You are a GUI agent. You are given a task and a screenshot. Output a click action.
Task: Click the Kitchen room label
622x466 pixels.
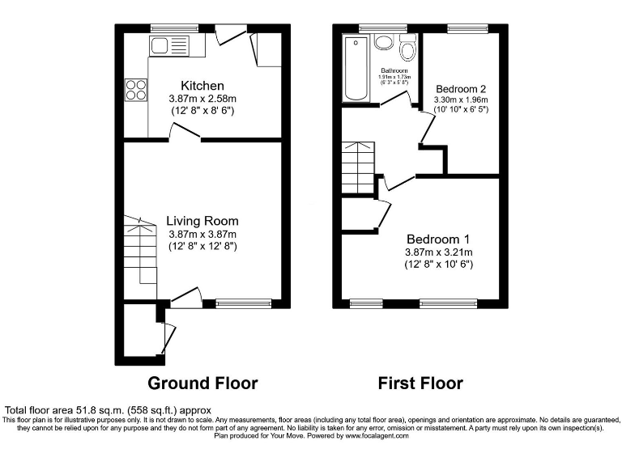tap(202, 86)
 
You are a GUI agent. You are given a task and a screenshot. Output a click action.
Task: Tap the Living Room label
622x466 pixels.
tap(202, 221)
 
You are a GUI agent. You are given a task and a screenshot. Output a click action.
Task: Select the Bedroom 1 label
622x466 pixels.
tap(438, 239)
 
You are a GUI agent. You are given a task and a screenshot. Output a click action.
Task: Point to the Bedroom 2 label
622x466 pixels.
tap(461, 88)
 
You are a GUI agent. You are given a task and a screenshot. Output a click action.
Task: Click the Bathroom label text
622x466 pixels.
tap(395, 70)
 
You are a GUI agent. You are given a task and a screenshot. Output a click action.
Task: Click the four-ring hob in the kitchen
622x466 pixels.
tap(135, 88)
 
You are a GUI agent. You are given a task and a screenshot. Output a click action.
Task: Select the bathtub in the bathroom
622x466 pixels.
tap(355, 68)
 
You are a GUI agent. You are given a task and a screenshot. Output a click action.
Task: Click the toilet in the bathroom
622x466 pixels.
tap(408, 50)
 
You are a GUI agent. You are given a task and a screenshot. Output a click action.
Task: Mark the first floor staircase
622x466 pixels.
tap(357, 167)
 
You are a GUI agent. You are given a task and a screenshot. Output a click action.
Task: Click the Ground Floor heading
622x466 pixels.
tap(202, 383)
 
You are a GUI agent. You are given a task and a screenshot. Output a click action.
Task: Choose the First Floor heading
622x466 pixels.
tap(420, 383)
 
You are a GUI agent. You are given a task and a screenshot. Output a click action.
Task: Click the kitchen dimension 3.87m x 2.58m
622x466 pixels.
tap(202, 99)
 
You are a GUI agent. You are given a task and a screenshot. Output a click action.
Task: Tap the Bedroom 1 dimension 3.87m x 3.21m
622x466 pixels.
tap(438, 252)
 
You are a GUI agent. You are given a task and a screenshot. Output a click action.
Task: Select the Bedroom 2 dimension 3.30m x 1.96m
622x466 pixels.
tap(462, 100)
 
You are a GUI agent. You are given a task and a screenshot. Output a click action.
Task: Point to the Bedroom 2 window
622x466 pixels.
tap(462, 28)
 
